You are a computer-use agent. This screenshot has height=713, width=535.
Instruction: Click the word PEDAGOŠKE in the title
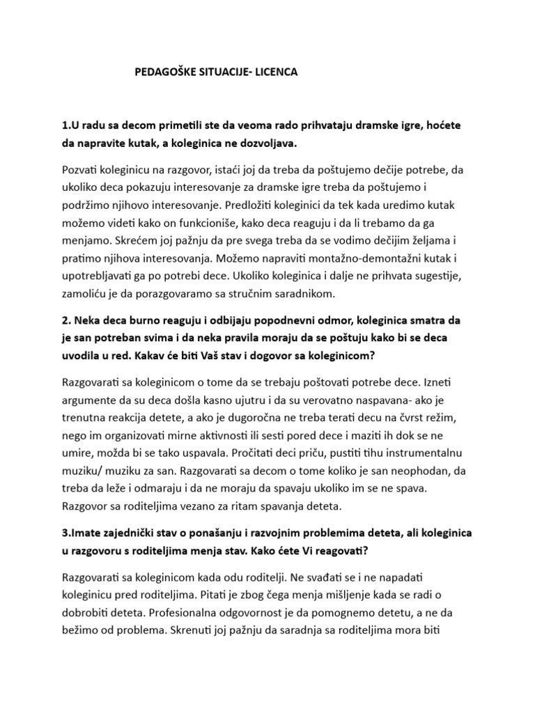coord(164,72)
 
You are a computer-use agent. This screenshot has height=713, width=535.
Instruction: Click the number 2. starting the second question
coord(67,321)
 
